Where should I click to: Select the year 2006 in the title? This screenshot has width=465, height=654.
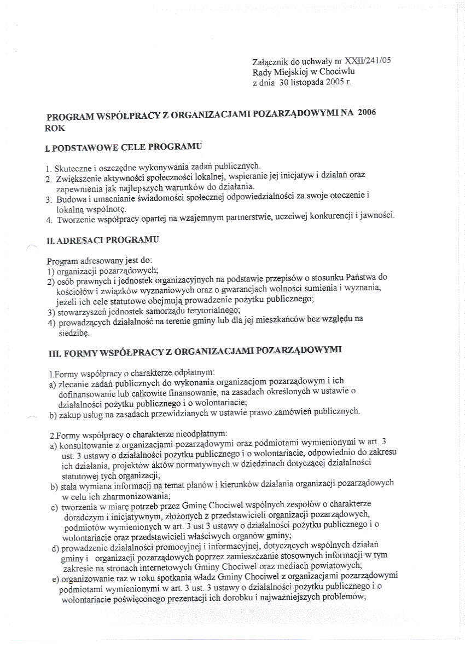[x=367, y=113]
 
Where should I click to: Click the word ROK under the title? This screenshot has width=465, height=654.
[x=55, y=128]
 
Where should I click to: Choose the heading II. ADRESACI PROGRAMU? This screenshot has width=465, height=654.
[x=103, y=240]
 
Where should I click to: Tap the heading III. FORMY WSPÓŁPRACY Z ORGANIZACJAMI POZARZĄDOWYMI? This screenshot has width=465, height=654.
[x=195, y=350]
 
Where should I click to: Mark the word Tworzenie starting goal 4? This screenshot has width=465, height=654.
[x=76, y=220]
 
